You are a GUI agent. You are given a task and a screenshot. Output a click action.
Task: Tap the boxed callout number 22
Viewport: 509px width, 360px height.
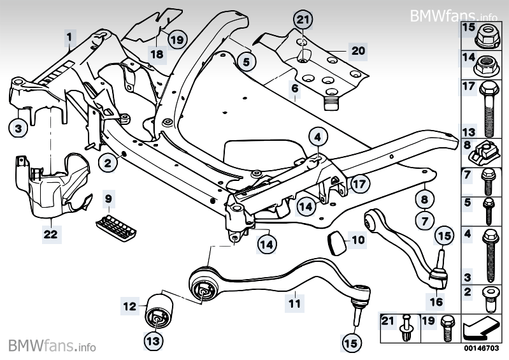click(x=50, y=234)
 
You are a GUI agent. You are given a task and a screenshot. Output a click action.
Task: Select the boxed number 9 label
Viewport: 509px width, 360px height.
click(x=109, y=199)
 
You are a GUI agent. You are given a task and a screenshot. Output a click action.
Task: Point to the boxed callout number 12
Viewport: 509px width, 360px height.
click(x=129, y=306)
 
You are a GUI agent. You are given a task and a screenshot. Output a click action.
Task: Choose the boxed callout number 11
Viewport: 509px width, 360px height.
click(x=294, y=304)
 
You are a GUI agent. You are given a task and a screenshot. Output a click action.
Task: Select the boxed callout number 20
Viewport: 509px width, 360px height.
click(x=357, y=50)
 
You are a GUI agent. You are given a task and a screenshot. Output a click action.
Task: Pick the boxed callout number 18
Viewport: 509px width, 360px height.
click(x=157, y=54)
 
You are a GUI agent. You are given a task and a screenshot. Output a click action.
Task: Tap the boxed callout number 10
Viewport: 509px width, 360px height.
click(x=359, y=241)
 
